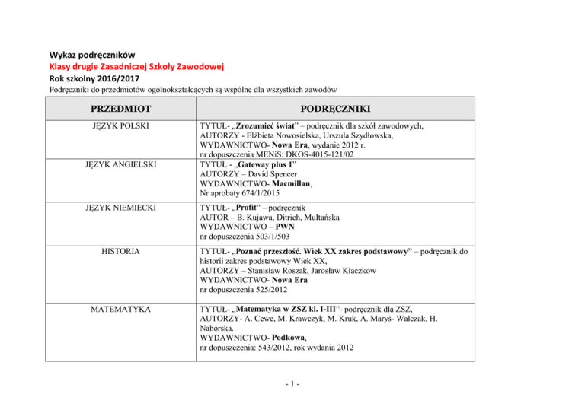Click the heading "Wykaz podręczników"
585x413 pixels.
[92, 55]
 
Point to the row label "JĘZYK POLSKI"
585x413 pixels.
[118, 125]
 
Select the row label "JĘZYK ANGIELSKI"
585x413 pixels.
[118, 164]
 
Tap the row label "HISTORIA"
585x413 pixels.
[119, 250]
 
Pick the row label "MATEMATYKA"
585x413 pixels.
[118, 310]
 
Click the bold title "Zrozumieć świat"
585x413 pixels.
[277, 126]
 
